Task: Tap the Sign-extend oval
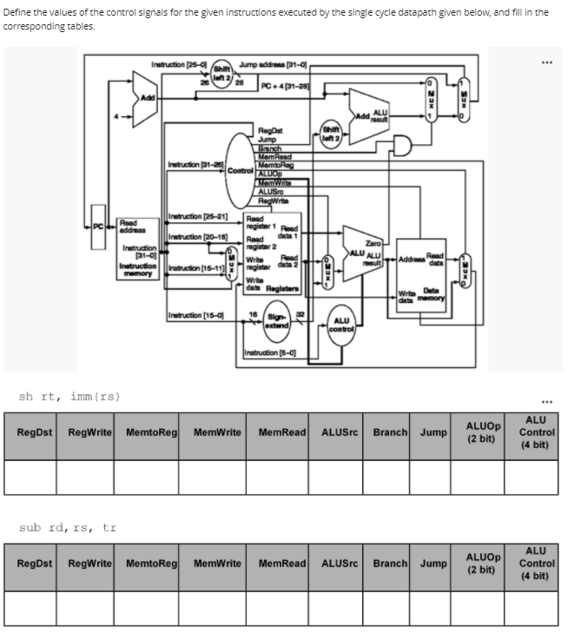pos(277,320)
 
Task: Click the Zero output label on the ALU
pos(373,246)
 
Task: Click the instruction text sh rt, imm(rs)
pos(69,397)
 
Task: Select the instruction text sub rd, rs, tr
pos(67,527)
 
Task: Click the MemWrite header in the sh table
pos(217,432)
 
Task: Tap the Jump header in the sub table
pos(434,563)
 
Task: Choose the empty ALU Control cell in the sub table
pos(535,607)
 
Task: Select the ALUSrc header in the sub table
pos(340,563)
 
